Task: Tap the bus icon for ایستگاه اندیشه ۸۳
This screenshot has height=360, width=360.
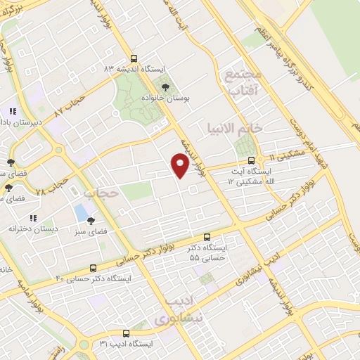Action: (x=134, y=60)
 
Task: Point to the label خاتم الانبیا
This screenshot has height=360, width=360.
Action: (x=233, y=128)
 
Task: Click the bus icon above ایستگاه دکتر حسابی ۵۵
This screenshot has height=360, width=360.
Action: (x=206, y=238)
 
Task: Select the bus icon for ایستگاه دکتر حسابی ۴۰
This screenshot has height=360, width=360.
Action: (x=94, y=268)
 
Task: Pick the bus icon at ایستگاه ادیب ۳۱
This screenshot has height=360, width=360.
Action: (x=125, y=333)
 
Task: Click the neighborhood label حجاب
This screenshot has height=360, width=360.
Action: (x=98, y=192)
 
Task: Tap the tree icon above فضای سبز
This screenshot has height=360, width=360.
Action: (x=91, y=220)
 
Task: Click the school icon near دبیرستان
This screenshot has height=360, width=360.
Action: (x=12, y=111)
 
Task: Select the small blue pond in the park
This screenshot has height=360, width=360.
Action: (x=82, y=212)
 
